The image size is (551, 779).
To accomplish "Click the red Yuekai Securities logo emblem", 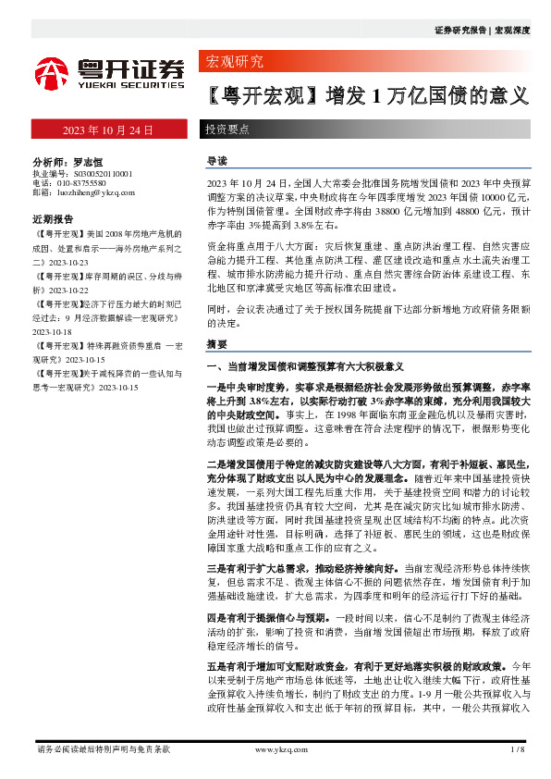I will [52, 72].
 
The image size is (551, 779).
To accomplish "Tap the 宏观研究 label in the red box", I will [233, 62].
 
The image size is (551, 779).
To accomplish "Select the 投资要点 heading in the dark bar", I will [227, 130].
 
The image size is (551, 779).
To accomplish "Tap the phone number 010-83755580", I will [90, 183].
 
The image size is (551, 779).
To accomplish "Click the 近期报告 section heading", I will [53, 220].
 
